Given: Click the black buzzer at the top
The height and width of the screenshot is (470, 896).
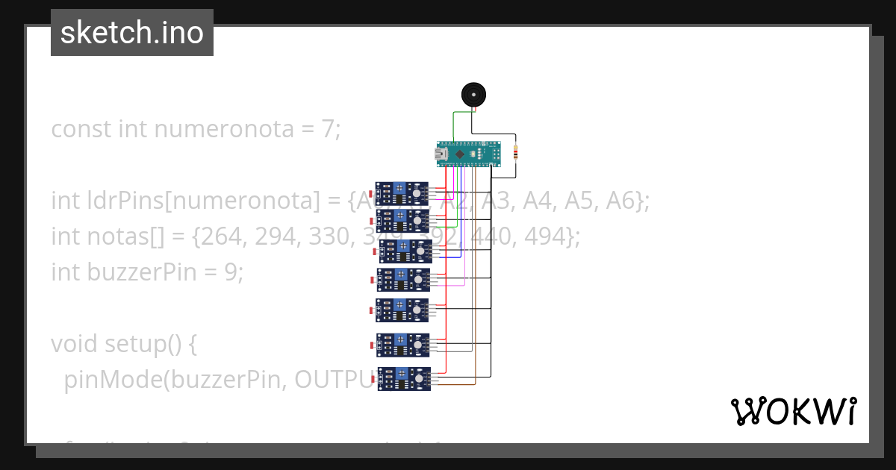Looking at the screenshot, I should (x=473, y=94).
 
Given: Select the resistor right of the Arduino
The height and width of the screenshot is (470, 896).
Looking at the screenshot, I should (x=515, y=154).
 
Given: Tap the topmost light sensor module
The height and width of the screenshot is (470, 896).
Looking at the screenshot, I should (x=402, y=193).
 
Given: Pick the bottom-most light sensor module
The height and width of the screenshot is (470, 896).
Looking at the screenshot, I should (x=404, y=379).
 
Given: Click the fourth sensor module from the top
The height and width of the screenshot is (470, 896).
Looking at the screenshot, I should (x=403, y=280).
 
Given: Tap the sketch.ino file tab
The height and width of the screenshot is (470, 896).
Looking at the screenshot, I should (x=132, y=33).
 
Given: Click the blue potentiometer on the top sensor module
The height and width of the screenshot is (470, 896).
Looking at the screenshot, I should (x=401, y=188).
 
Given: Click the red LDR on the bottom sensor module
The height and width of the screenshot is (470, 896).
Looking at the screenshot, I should (x=373, y=379).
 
